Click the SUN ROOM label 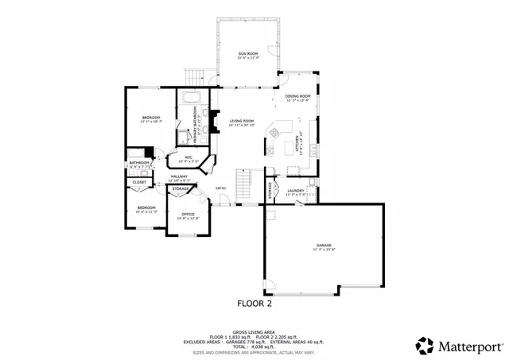248,54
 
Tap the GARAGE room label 324,246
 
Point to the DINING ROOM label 297,96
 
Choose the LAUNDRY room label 296,191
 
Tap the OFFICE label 188,214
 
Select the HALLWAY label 179,176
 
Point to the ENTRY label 222,188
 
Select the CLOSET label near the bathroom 139,182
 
